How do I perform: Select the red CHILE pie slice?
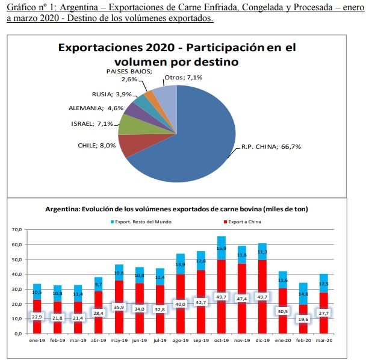coord(130,144)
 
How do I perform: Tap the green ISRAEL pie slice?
coord(129,124)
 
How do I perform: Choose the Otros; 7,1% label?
coord(183,77)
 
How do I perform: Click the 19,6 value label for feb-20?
coord(304,319)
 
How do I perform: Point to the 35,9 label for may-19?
coord(119,307)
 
